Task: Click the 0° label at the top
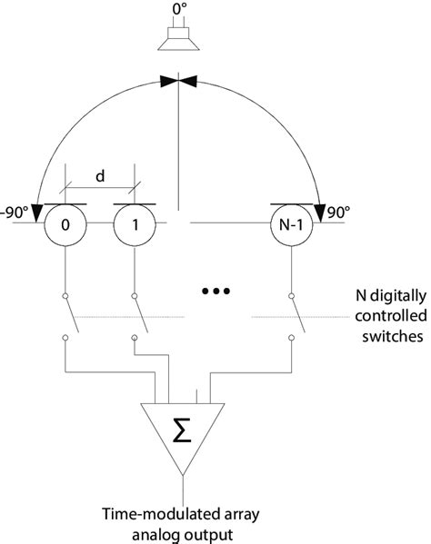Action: [x=180, y=9]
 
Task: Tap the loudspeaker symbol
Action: [x=178, y=38]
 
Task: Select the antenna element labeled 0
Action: [x=65, y=225]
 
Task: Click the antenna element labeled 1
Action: [x=135, y=225]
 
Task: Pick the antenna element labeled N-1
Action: [x=291, y=225]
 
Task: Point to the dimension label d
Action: [x=100, y=176]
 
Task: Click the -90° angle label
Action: [x=14, y=213]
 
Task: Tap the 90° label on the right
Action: [x=338, y=213]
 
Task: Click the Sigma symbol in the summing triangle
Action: [x=182, y=430]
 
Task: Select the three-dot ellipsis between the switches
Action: [x=216, y=292]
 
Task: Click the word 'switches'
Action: [x=393, y=336]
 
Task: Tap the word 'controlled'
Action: [x=391, y=316]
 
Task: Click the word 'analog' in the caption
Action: [x=156, y=535]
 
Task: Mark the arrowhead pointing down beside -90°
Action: [x=37, y=213]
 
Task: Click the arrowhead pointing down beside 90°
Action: [x=320, y=213]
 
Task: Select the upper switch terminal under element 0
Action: [x=65, y=296]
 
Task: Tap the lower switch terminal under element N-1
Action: [x=292, y=338]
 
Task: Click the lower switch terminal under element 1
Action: [x=135, y=338]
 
